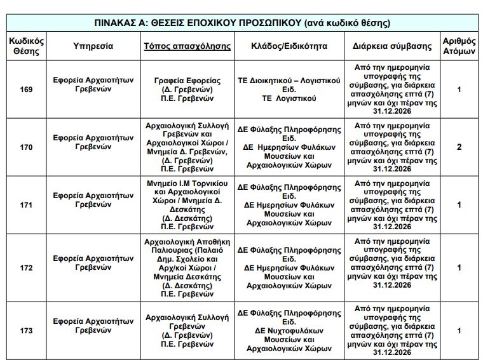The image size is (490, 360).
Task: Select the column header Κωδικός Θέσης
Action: click(27, 46)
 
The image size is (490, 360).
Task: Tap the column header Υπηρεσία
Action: click(93, 46)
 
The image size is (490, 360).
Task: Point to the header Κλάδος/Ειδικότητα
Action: click(289, 46)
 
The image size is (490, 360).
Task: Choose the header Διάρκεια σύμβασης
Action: click(391, 46)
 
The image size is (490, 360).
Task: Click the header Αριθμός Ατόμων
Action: click(459, 46)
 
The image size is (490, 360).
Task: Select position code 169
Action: click(27, 90)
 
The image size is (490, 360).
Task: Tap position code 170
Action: click(27, 147)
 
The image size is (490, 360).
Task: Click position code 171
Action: click(27, 205)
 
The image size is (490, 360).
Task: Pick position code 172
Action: click(27, 267)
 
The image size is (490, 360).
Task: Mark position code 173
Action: click(27, 330)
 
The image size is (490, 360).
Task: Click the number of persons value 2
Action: click(459, 147)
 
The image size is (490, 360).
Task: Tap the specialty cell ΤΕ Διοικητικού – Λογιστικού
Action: click(289, 90)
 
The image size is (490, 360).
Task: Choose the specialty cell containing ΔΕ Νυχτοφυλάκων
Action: click(289, 330)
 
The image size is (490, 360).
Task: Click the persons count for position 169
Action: click(459, 90)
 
